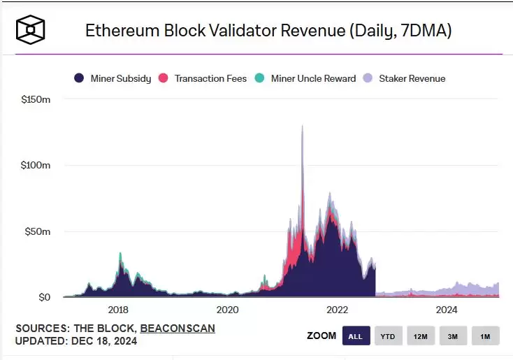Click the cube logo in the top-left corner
tap(31, 29)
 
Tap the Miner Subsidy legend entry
tap(113, 78)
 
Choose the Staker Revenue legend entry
tap(405, 78)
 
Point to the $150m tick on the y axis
tap(36, 100)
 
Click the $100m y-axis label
tap(36, 166)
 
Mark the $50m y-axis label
tap(38, 231)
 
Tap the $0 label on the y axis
tap(43, 297)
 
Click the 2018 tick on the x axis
tap(117, 310)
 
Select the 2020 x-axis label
tap(227, 310)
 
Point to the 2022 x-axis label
tap(337, 310)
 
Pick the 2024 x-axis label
tap(447, 310)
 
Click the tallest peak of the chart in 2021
tap(302, 127)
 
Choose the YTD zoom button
tap(388, 336)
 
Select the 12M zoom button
tap(420, 336)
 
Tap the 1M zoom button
tap(485, 336)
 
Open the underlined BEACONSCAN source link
tap(178, 328)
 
